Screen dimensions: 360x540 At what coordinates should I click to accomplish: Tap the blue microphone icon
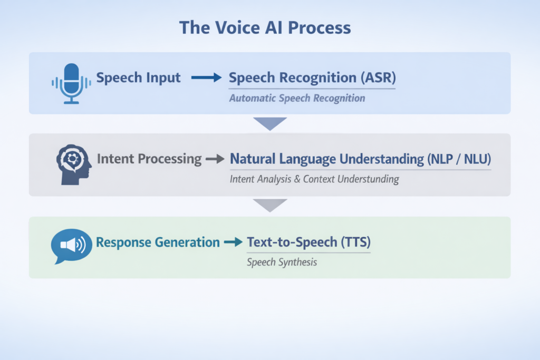71,82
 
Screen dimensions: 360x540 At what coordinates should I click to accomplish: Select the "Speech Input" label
138,78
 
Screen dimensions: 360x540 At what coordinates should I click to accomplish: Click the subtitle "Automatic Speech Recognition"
297,98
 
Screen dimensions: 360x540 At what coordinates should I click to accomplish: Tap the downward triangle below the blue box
269,123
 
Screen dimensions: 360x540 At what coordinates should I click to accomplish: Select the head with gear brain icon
73,165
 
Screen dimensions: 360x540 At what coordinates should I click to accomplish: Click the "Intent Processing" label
149,159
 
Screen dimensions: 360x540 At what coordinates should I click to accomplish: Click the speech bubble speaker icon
71,246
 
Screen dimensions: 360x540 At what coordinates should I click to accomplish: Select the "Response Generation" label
158,242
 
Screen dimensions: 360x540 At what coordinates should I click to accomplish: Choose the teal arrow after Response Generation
233,242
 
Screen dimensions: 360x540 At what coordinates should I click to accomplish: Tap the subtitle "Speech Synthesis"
282,262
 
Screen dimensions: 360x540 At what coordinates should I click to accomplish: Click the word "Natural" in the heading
254,159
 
